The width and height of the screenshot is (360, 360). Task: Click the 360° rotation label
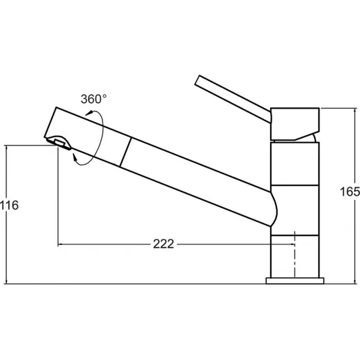tap(94, 99)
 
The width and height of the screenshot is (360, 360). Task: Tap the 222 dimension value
tap(164, 244)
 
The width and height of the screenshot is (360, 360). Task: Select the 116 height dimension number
tap(9, 205)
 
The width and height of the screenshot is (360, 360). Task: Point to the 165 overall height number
tap(350, 191)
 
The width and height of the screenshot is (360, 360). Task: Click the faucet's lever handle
tap(233, 99)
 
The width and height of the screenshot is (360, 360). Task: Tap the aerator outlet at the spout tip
tap(59, 143)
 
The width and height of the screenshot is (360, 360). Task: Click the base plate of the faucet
tap(295, 281)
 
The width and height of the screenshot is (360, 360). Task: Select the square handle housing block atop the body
tap(295, 124)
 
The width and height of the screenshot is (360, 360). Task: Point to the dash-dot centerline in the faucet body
tap(295, 254)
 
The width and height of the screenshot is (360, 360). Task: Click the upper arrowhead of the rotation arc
tap(88, 114)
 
